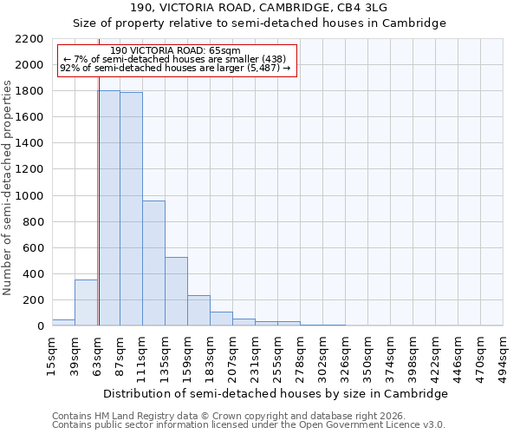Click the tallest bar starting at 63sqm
tap(109, 208)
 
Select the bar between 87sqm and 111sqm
tap(131, 209)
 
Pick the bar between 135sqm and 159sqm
tap(176, 292)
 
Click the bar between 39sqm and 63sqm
tap(86, 303)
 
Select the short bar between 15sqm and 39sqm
tap(63, 323)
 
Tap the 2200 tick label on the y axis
tap(29, 39)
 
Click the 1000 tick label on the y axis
tap(29, 196)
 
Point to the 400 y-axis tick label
tap(32, 274)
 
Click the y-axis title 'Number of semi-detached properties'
tap(8, 187)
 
